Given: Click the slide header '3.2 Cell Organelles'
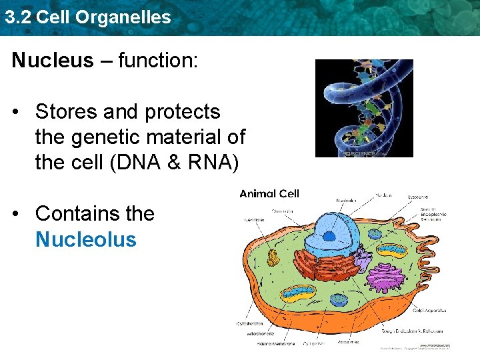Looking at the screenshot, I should (x=87, y=17).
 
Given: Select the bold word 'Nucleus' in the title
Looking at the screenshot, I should (x=53, y=61).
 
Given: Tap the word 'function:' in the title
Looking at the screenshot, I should (x=158, y=61).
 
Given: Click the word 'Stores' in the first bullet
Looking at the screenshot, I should (x=67, y=111).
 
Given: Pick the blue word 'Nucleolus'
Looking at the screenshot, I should (x=85, y=239).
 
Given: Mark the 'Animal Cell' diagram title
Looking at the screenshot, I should (x=269, y=194).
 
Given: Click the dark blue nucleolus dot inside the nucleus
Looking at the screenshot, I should (x=328, y=235).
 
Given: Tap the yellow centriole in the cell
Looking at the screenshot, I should (x=273, y=257).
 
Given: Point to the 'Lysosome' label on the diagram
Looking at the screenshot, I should (x=418, y=197).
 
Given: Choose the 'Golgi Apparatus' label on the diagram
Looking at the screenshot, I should (x=429, y=311).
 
